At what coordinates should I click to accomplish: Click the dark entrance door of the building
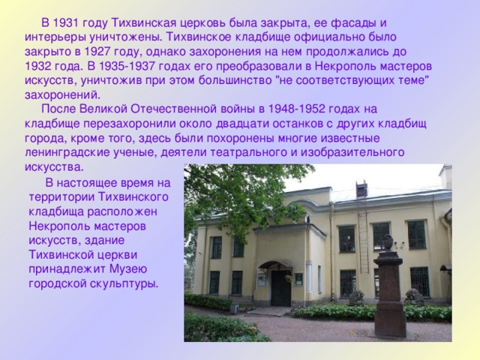pyautogui.click(x=280, y=288)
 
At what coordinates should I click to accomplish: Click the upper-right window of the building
pyautogui.click(x=416, y=235)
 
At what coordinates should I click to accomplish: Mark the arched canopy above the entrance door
pyautogui.click(x=275, y=265)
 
